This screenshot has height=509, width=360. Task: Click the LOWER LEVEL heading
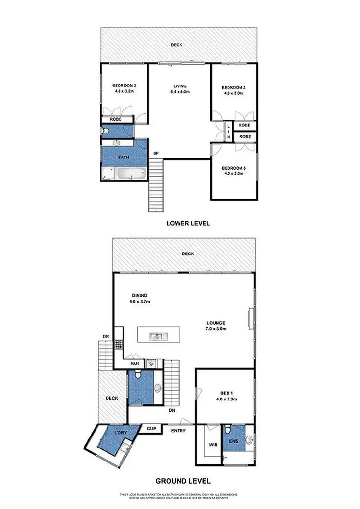[188, 223]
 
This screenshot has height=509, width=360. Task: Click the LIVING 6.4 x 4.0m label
[180, 89]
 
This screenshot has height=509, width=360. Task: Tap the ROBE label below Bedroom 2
[115, 119]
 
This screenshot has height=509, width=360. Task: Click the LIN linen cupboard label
[229, 131]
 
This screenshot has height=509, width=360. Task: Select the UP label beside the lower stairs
[156, 154]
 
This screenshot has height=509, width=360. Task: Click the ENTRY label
[179, 431]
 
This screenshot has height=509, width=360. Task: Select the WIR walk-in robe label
[214, 445]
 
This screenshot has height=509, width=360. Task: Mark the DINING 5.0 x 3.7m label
[140, 299]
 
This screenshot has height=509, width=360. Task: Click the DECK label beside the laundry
[112, 398]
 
